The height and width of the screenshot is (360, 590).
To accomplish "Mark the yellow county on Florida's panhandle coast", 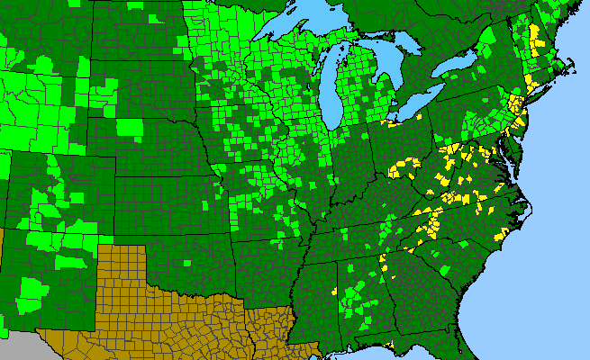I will click(x=390, y=344).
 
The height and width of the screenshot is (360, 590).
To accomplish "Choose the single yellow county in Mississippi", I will click(x=334, y=292).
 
